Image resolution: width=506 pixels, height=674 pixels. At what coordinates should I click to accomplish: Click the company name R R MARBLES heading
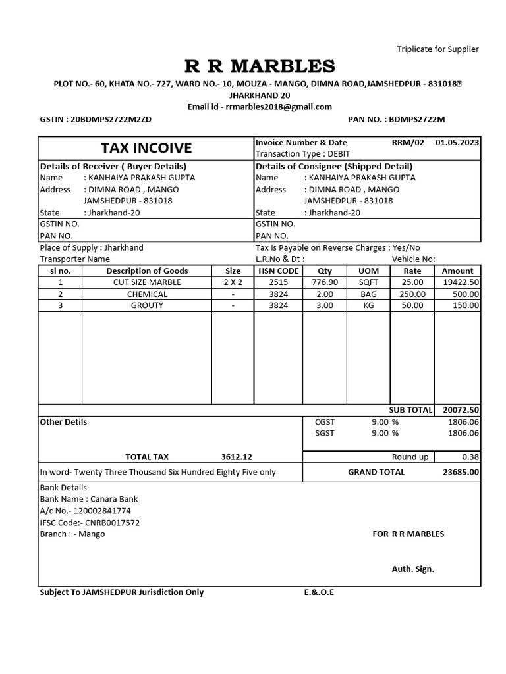(x=260, y=66)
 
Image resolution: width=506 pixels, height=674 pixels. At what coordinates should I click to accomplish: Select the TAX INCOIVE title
(x=146, y=148)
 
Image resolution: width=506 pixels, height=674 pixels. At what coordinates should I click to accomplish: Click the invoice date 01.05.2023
(x=457, y=142)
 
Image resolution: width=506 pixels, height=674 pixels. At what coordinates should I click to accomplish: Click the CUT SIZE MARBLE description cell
(x=147, y=282)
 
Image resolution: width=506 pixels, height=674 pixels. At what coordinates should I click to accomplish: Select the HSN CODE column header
(x=279, y=271)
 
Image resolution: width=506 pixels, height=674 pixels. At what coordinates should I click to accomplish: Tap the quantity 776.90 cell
(x=325, y=282)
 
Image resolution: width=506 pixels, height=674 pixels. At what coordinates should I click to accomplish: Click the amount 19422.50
(x=461, y=282)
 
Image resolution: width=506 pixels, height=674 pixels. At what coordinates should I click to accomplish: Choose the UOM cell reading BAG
(x=368, y=294)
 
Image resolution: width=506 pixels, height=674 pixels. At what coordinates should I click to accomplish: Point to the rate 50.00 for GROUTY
(x=412, y=306)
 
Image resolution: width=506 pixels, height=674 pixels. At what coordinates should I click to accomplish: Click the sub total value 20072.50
(x=461, y=410)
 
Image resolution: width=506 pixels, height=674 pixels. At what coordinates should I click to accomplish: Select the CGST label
(x=325, y=422)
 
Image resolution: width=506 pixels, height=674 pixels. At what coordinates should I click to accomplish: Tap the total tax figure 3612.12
(x=237, y=457)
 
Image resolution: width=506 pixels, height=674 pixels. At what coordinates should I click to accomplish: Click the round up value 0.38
(x=470, y=457)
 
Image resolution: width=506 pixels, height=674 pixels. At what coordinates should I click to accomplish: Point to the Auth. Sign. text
(x=413, y=569)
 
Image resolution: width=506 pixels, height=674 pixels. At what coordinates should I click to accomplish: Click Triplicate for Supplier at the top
(x=437, y=49)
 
